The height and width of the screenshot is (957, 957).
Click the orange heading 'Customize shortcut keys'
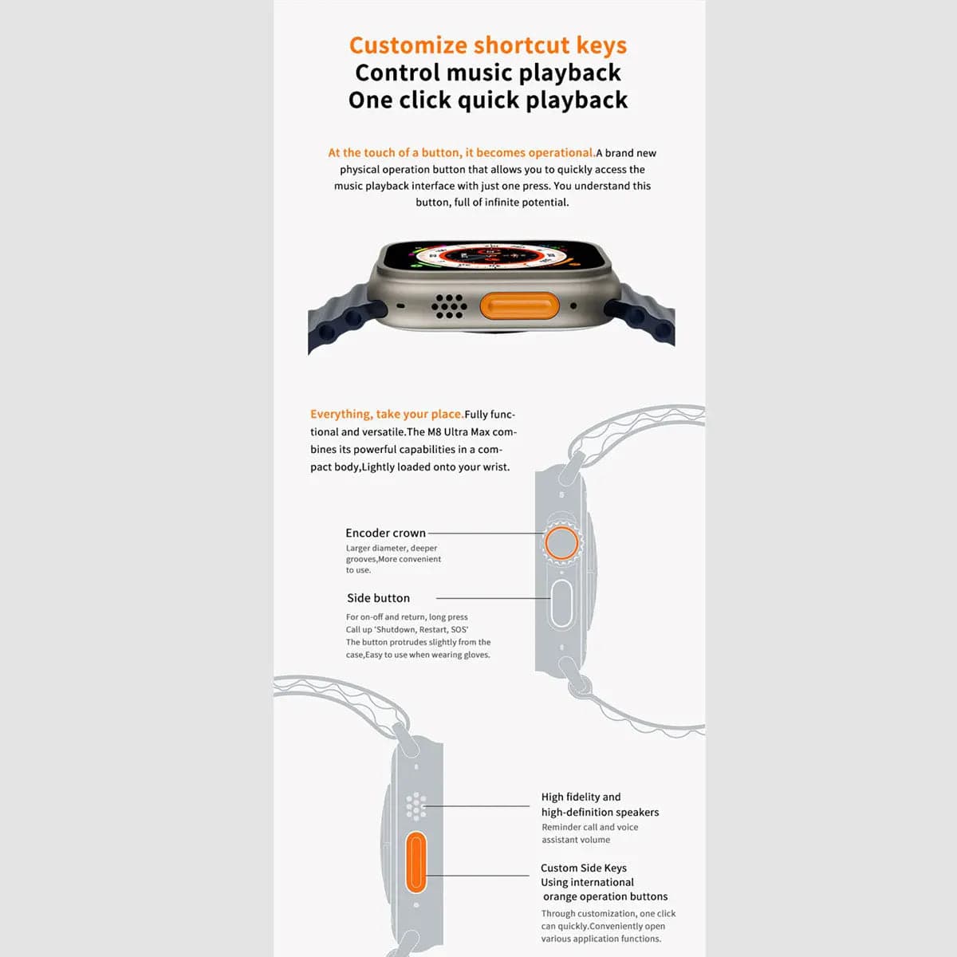pyautogui.click(x=487, y=45)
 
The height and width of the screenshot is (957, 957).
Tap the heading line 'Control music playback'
pyautogui.click(x=487, y=73)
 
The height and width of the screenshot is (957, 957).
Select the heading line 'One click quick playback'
pyautogui.click(x=487, y=100)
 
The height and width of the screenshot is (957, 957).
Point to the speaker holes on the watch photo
pyautogui.click(x=449, y=305)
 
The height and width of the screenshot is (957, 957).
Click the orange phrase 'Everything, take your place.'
pyautogui.click(x=387, y=414)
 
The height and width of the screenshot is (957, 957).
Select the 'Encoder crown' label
pyautogui.click(x=385, y=533)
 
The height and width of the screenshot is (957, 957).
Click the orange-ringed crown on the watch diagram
pyautogui.click(x=561, y=543)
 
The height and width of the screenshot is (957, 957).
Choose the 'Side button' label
pyautogui.click(x=378, y=598)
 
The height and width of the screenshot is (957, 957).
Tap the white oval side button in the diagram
pyautogui.click(x=561, y=604)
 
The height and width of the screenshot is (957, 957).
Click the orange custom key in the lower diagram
pyautogui.click(x=415, y=862)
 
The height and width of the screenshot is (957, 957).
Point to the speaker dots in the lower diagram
pyautogui.click(x=415, y=806)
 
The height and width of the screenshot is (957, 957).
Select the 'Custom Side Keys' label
pyautogui.click(x=583, y=868)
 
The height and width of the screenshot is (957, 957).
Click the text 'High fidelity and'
pyautogui.click(x=581, y=797)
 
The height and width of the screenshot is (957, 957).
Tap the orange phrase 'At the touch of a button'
pyautogui.click(x=394, y=152)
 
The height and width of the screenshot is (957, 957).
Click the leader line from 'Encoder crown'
pyautogui.click(x=486, y=533)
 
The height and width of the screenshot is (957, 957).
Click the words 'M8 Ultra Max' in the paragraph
pyautogui.click(x=459, y=432)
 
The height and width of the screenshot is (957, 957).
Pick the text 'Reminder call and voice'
pyautogui.click(x=589, y=827)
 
